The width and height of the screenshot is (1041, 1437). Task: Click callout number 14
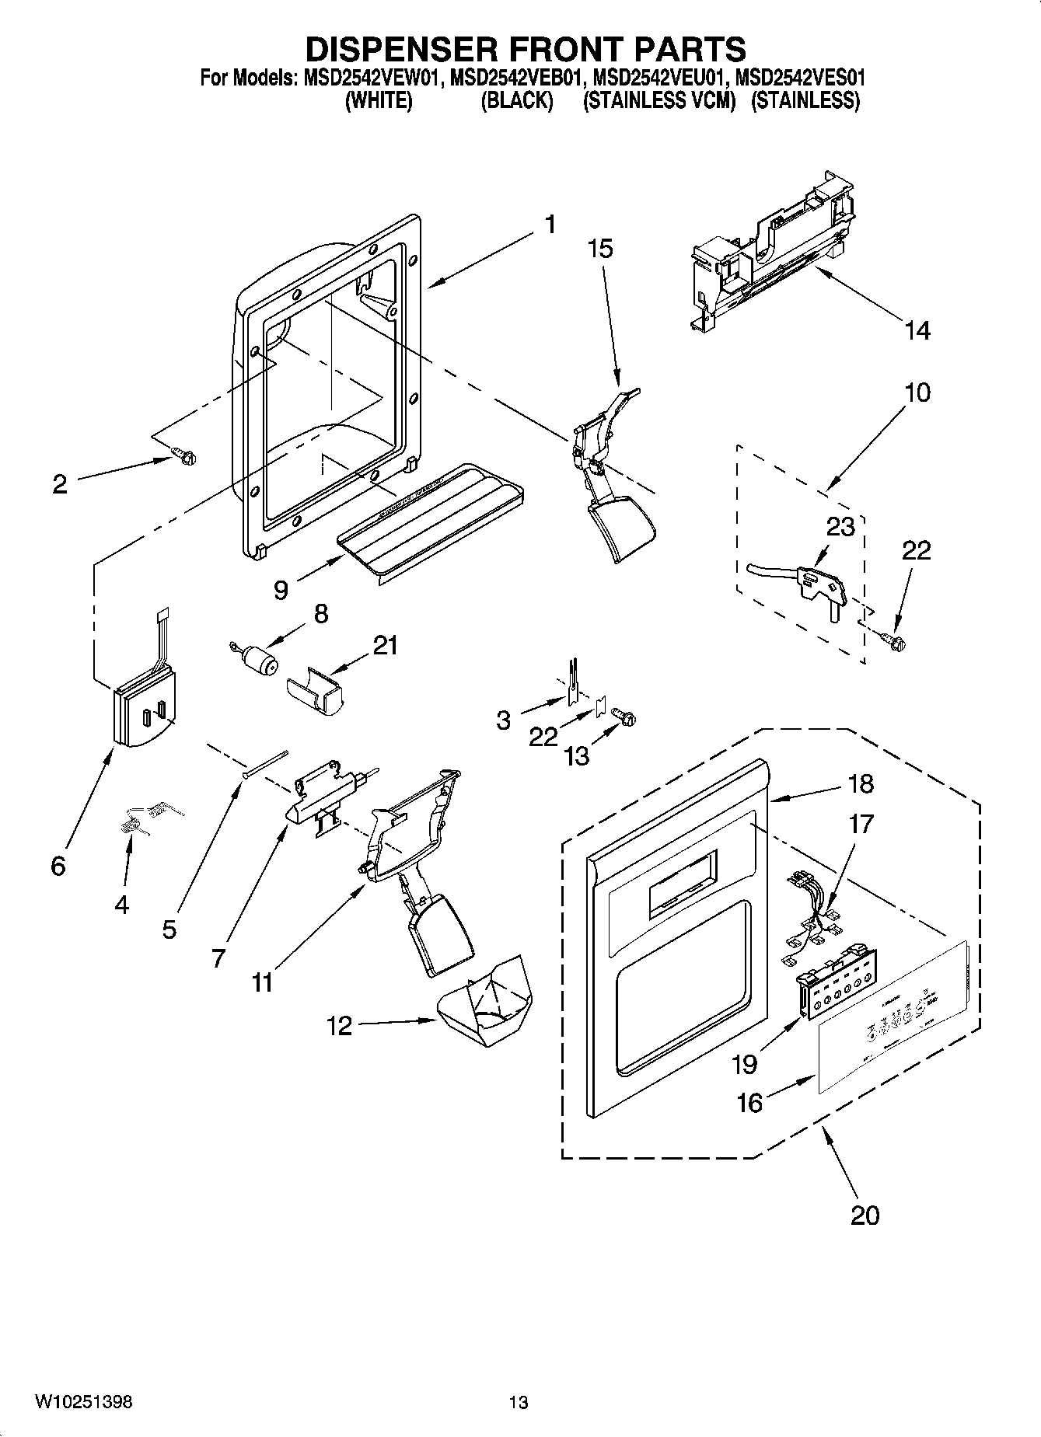(917, 330)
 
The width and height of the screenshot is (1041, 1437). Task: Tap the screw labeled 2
(184, 456)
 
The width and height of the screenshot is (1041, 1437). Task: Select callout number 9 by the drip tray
(281, 590)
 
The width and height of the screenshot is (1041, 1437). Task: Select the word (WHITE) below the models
(379, 101)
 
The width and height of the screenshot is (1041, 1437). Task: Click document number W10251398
(83, 1402)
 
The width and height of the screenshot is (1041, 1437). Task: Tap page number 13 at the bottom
(519, 1402)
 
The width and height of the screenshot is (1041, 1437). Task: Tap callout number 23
(840, 527)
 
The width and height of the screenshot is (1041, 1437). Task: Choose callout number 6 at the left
(58, 866)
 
